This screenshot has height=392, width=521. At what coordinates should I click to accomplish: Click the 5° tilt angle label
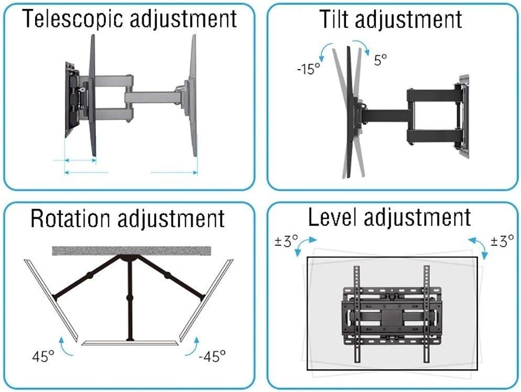point(380,60)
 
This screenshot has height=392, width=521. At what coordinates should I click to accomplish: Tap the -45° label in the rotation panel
point(212,357)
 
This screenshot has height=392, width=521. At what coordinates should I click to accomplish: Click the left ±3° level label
point(287,242)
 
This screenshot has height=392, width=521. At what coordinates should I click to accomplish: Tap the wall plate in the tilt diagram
point(462,113)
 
